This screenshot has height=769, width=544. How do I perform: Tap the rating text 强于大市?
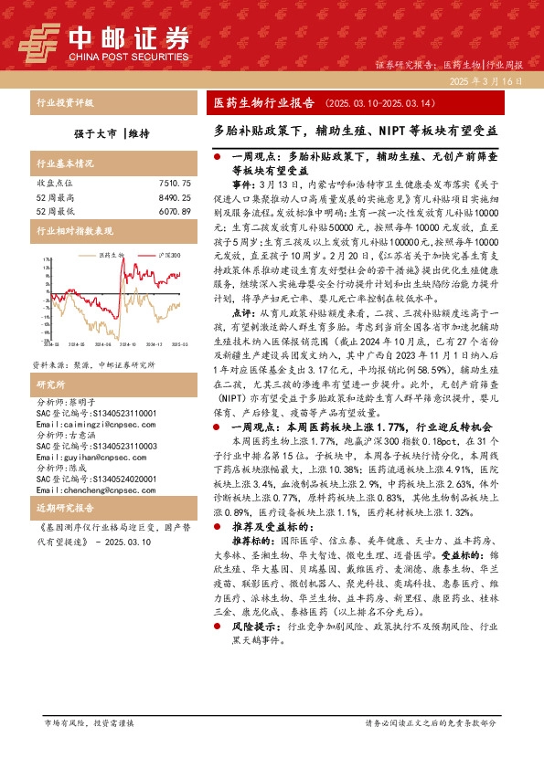click(93, 133)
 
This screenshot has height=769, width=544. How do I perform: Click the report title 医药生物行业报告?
click(258, 103)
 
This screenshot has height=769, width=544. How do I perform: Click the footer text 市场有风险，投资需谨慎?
click(89, 722)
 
